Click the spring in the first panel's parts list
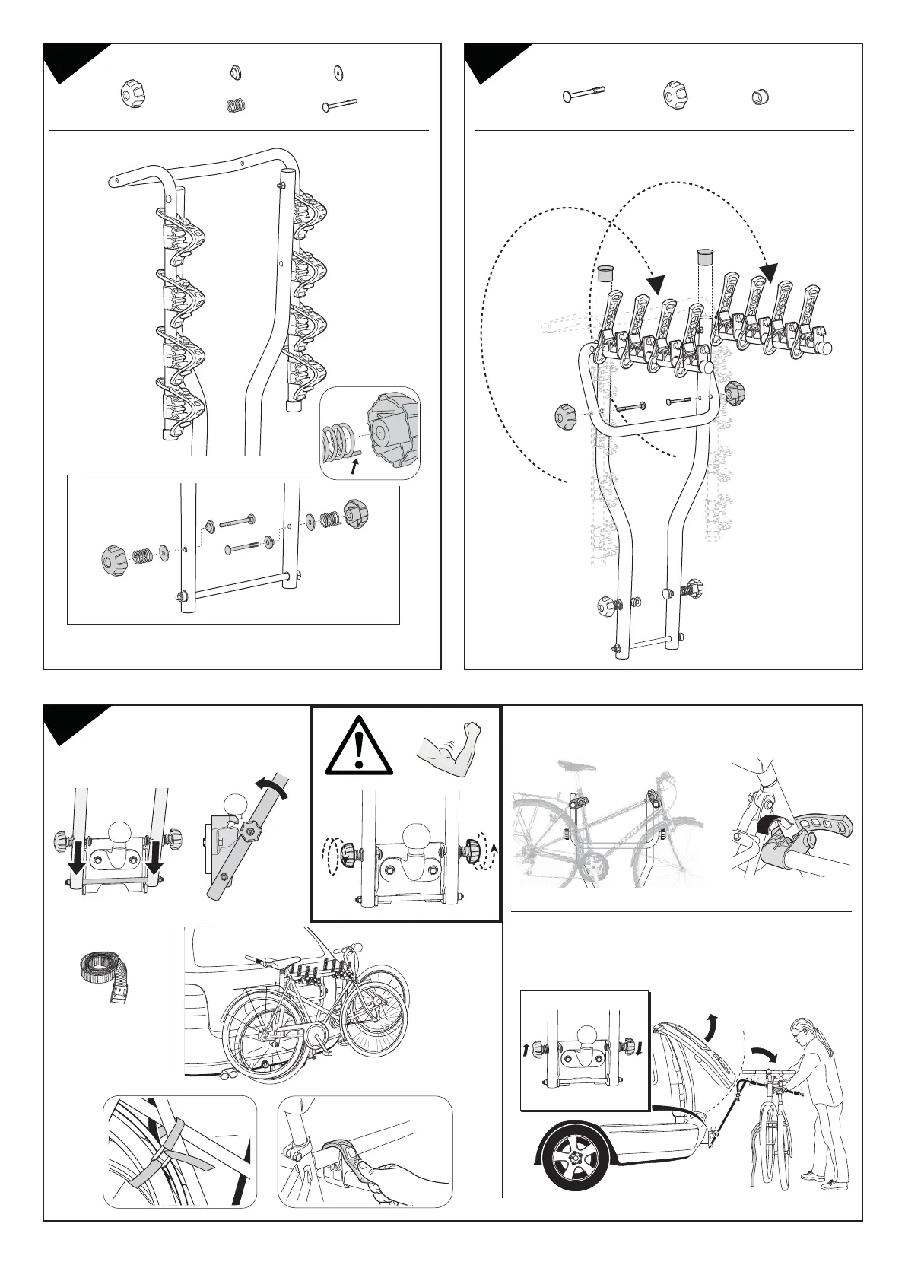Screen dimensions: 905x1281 pos(236,106)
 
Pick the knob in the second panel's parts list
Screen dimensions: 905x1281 pos(674,95)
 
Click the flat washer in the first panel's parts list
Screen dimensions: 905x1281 pos(337,73)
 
